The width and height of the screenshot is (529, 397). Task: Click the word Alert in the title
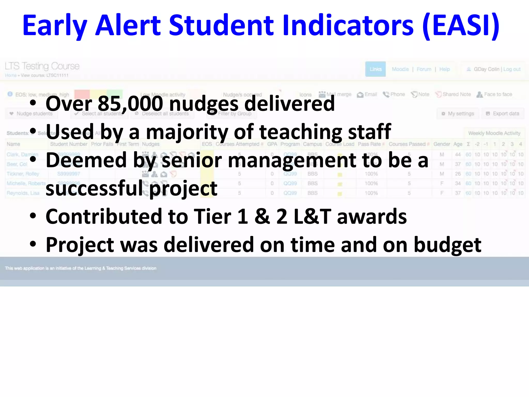point(128,25)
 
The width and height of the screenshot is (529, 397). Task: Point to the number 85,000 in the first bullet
point(130,104)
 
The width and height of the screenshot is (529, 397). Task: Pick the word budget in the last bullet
point(447,245)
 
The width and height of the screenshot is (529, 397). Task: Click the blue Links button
point(375,69)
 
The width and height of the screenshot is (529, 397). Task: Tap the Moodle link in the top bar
point(400,69)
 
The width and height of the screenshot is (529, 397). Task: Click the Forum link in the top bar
point(424,69)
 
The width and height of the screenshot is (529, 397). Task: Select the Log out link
point(512,69)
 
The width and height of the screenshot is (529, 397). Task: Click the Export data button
point(503,114)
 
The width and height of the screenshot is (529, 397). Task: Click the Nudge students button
point(31,114)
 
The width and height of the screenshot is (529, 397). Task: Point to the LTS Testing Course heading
point(42,66)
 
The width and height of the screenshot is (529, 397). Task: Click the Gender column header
point(441,144)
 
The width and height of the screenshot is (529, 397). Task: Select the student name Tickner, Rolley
point(23,174)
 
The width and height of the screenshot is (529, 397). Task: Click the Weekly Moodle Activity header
point(494,133)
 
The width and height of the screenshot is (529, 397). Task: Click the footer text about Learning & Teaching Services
point(81,268)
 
